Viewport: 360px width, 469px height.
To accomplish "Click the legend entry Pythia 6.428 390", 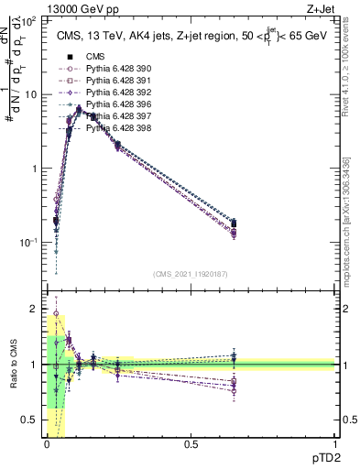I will (113, 69).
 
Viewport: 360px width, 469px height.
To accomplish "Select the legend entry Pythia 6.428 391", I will (113, 81).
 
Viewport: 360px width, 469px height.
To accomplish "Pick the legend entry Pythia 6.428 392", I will (113, 93).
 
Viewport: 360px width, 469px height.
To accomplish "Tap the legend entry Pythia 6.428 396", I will (113, 104).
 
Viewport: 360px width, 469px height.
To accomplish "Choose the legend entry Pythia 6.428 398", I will (113, 128).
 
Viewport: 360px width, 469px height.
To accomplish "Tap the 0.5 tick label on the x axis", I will (191, 445).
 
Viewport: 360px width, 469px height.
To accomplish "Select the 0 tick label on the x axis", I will (47, 445).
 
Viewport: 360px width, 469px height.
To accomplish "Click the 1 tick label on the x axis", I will (334, 445).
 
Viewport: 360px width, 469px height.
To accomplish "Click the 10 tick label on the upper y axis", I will (31, 94).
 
